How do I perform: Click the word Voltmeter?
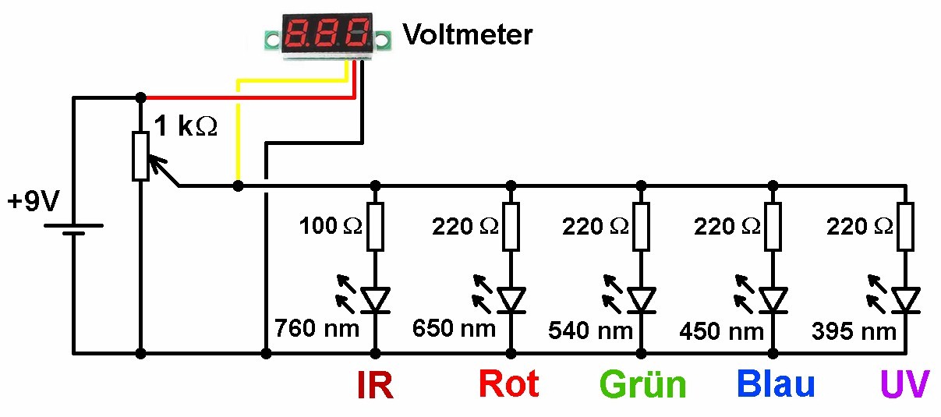pyautogui.click(x=467, y=34)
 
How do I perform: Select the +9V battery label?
pyautogui.click(x=33, y=203)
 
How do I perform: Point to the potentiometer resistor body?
pyautogui.click(x=140, y=156)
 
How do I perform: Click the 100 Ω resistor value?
pyautogui.click(x=331, y=228)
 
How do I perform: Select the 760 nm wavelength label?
pyautogui.click(x=317, y=328)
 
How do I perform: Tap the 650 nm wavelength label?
pyautogui.click(x=454, y=328)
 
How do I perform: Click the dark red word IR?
pyautogui.click(x=374, y=385)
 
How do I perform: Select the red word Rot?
pyautogui.click(x=508, y=384)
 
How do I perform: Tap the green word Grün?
pyautogui.click(x=642, y=385)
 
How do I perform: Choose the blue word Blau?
pyautogui.click(x=776, y=384)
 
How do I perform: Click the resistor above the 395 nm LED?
pyautogui.click(x=905, y=227)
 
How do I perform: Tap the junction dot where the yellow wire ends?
pyautogui.click(x=238, y=186)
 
